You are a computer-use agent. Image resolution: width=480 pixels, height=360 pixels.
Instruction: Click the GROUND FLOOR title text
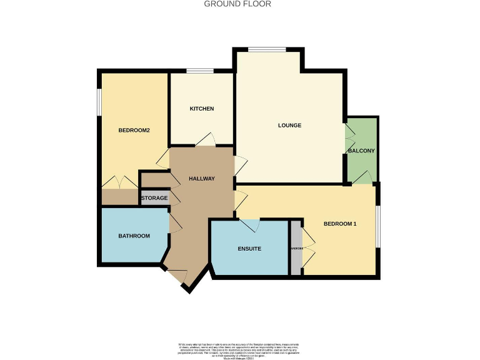pos(237,4)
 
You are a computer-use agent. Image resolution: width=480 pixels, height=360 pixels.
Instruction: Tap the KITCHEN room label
pos(202,109)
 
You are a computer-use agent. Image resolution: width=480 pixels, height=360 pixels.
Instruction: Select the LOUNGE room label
pos(289,126)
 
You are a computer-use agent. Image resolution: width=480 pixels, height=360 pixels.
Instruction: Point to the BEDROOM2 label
pos(134,131)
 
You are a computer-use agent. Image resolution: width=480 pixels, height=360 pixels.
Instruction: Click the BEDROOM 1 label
pos(339,224)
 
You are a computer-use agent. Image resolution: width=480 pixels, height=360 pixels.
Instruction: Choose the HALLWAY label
pos(202,179)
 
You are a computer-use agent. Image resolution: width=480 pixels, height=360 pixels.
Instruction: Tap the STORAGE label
pos(154,199)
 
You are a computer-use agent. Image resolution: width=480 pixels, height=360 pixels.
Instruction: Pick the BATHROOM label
pos(134,236)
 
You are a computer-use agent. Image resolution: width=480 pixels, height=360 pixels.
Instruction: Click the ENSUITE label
pos(249,249)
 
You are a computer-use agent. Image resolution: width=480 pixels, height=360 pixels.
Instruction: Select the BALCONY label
pos(361,151)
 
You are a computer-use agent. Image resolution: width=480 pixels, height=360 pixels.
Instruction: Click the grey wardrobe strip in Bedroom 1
pos(296,248)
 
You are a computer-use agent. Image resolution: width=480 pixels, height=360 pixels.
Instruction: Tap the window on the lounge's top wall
pos(267,50)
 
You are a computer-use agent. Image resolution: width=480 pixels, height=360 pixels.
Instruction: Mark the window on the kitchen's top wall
pos(201,71)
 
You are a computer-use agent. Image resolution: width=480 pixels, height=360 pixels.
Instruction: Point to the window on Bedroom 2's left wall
pos(99,101)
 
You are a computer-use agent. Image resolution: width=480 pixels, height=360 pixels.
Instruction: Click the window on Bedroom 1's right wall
pos(377,226)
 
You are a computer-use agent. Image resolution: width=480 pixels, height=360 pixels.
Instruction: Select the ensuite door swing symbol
pos(249,225)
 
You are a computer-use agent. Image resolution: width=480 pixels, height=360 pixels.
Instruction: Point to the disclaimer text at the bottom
pos(240,347)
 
